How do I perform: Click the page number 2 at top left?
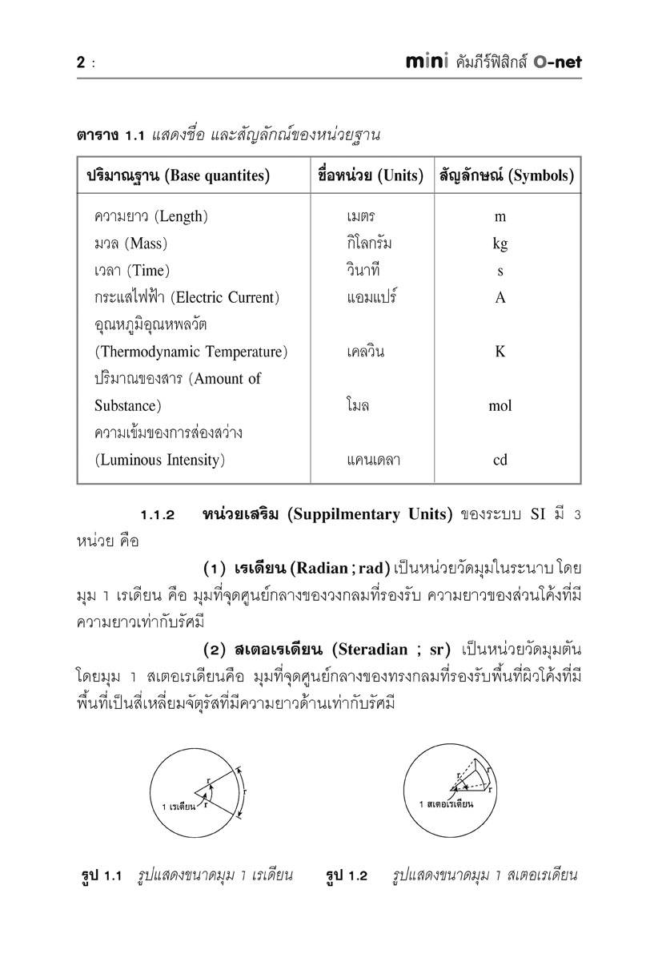click(81, 62)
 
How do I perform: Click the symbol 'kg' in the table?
click(500, 244)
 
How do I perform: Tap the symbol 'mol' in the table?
click(500, 406)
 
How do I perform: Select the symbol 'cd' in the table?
click(500, 461)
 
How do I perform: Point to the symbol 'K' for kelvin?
click(500, 352)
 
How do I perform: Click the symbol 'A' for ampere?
click(500, 298)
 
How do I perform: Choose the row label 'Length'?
click(181, 217)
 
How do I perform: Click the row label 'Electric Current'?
click(225, 298)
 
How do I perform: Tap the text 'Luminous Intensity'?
click(159, 461)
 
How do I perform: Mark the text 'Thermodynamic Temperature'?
click(191, 352)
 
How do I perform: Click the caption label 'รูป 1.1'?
click(102, 875)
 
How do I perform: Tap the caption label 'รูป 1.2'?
click(346, 875)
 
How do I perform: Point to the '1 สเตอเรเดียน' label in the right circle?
click(446, 803)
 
